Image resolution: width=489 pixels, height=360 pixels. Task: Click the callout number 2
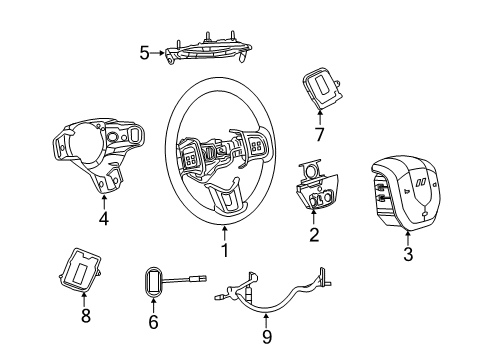[314, 235]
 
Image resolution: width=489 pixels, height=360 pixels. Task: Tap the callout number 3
[409, 255]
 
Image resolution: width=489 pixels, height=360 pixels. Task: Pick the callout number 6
[153, 322]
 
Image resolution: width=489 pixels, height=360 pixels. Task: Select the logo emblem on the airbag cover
[423, 182]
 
